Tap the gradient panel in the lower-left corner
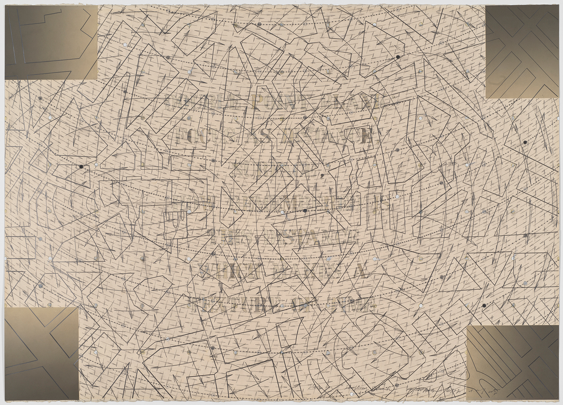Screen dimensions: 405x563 [41, 353]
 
